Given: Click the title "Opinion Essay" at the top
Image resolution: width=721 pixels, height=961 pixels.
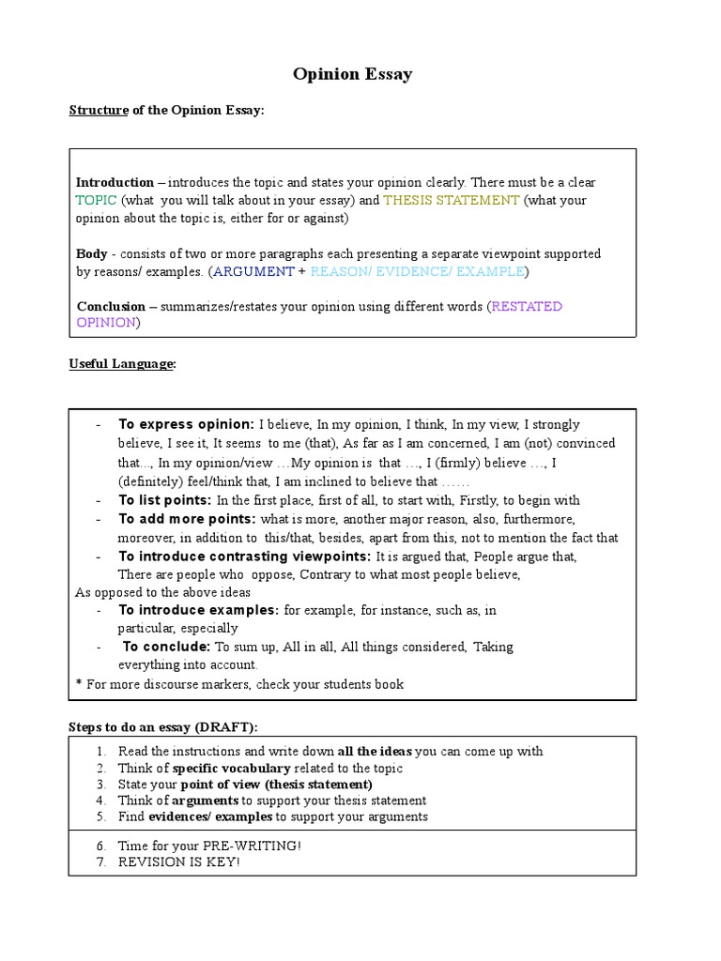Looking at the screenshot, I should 352,74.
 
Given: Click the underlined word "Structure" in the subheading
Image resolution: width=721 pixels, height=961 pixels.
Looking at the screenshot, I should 99,111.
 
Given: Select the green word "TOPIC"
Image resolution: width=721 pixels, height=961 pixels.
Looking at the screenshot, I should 96,200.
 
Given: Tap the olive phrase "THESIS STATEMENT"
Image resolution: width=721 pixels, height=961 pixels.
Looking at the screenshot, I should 451,200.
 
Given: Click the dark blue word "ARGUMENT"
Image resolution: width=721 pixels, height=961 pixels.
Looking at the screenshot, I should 253,271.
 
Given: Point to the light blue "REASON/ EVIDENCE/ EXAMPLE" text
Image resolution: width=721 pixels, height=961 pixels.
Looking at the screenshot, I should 417,271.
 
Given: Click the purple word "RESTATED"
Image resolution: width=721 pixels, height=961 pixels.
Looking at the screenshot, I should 527,306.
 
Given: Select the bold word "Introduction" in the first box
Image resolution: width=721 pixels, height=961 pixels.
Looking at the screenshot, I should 115,182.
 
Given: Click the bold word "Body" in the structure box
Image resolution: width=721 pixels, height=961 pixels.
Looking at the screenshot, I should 91,253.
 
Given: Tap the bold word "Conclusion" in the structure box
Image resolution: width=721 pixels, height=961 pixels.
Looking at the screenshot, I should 111,306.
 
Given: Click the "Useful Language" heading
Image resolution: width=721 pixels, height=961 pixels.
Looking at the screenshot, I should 122,364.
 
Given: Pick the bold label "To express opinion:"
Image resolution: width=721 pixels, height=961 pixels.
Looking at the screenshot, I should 186,424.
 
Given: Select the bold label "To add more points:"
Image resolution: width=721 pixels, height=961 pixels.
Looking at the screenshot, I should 187,519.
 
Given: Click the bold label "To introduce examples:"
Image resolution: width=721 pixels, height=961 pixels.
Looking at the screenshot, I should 198,610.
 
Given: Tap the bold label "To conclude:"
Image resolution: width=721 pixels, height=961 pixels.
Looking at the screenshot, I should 167,647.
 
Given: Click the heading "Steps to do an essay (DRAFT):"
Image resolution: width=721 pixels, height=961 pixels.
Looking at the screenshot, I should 162,727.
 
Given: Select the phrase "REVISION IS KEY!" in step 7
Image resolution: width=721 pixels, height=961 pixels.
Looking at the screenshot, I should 179,862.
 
